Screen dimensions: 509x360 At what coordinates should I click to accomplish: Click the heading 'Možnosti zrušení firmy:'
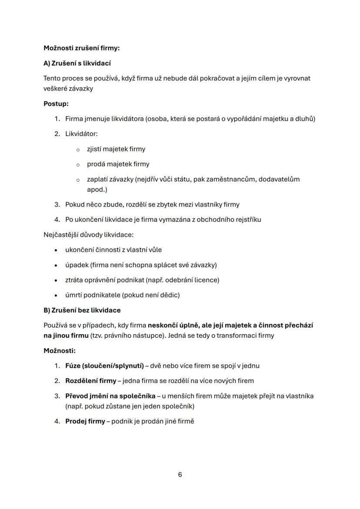(x=81, y=48)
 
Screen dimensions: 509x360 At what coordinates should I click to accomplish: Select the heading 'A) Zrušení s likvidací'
(x=77, y=63)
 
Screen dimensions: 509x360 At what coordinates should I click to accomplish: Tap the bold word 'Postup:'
(x=56, y=104)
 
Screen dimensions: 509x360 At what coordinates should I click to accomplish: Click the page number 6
(x=180, y=475)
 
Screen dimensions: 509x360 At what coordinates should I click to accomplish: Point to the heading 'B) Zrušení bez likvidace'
(x=82, y=310)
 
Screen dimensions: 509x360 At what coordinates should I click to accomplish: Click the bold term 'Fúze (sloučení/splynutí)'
(x=104, y=366)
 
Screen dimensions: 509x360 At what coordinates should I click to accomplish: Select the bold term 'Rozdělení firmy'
(x=90, y=381)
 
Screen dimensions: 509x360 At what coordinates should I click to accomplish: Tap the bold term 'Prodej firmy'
(x=85, y=422)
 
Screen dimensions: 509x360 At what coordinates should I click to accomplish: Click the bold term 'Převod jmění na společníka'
(x=110, y=396)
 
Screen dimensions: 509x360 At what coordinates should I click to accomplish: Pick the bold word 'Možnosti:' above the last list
(x=60, y=350)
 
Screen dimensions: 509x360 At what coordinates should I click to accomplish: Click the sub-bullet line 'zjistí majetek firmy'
(x=116, y=149)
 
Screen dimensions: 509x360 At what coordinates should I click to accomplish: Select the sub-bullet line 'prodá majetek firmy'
(x=118, y=164)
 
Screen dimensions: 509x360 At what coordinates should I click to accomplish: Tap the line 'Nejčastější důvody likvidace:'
(x=89, y=235)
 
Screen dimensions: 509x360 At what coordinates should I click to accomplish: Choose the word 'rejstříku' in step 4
(x=247, y=220)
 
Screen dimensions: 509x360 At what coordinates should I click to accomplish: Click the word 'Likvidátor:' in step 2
(x=81, y=134)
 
